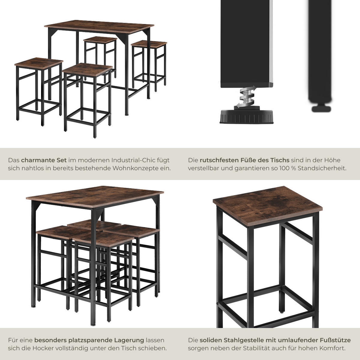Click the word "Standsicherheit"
322,168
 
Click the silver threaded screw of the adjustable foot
246,96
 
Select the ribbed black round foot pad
246,117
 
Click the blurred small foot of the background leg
321,108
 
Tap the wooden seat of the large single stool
267,206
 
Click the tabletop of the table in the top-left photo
99,27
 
